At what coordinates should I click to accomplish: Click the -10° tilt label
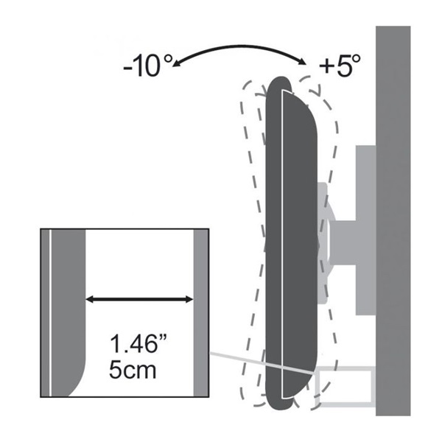pos(147,66)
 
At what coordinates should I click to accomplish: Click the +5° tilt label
pos(340,66)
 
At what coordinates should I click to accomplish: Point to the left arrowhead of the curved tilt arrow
pos(175,63)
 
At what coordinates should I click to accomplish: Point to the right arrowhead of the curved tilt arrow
pos(302,62)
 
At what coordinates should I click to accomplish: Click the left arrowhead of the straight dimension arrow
pos(90,299)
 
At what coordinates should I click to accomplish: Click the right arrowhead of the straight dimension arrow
pos(189,299)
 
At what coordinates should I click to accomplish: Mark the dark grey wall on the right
pos(393,221)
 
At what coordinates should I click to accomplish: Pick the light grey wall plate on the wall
pos(365,230)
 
